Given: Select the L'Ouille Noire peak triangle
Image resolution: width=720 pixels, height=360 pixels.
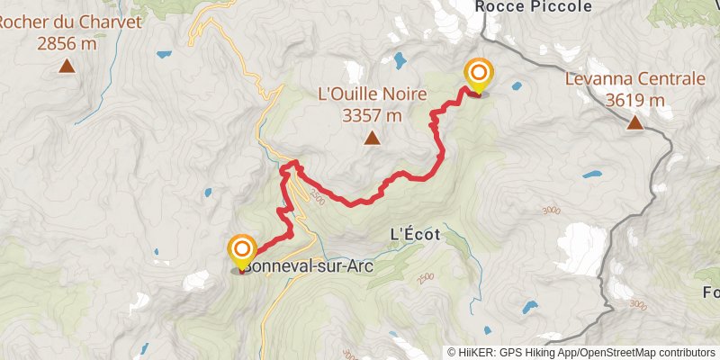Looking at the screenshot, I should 371,138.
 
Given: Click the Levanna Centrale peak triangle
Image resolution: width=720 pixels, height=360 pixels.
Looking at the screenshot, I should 635,122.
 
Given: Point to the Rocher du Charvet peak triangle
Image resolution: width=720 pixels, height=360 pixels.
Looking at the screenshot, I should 67,65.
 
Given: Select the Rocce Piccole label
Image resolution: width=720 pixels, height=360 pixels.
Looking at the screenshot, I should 534,6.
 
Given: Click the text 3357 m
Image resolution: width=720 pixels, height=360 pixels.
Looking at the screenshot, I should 372,114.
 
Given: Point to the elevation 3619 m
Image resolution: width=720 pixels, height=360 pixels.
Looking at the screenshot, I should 635,100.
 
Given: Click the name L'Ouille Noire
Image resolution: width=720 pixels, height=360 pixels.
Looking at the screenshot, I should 372,93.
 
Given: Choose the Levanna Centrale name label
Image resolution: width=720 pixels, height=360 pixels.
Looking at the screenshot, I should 635,79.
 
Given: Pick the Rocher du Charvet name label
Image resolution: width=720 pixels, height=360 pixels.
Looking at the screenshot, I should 71,22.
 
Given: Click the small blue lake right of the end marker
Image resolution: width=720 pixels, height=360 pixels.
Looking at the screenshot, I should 517,87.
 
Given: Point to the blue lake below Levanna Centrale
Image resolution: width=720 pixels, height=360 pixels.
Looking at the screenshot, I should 591,174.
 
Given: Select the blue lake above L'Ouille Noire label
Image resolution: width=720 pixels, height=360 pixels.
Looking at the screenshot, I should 398,61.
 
